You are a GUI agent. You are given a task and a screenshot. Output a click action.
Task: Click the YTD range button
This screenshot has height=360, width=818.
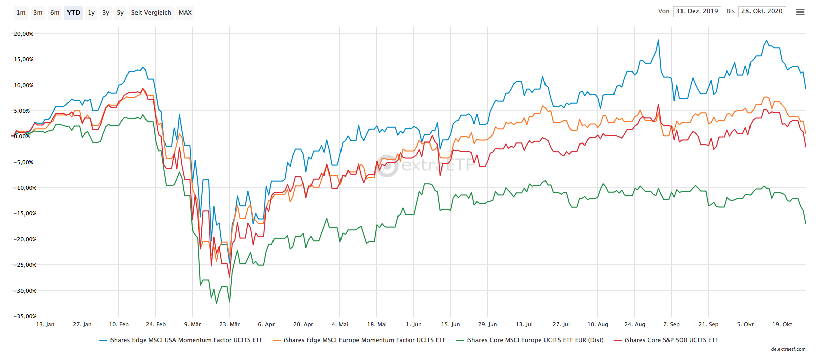click(74, 13)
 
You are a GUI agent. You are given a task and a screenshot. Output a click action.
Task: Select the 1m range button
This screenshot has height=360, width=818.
click(21, 13)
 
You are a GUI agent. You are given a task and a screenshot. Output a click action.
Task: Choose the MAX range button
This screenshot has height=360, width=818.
click(185, 13)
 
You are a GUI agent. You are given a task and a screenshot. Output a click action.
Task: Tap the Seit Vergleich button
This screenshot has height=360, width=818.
click(151, 13)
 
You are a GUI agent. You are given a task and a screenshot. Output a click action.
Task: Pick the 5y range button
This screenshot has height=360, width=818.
click(120, 13)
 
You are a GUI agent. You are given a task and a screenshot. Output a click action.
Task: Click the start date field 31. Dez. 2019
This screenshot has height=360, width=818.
click(697, 11)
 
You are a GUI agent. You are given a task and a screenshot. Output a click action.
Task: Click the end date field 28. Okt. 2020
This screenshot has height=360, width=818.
click(762, 11)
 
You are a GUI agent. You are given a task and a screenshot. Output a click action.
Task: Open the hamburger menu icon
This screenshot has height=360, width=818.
click(800, 12)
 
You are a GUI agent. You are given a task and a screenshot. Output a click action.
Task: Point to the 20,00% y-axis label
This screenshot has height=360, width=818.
click(24, 34)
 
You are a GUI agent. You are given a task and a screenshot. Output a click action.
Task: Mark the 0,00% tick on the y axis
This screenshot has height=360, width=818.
click(22, 136)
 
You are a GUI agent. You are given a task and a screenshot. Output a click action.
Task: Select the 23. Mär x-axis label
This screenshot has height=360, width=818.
click(229, 324)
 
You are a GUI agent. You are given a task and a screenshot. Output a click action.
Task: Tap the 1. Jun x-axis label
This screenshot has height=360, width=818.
click(414, 324)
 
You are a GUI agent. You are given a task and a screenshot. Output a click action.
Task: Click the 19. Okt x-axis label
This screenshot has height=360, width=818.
click(782, 324)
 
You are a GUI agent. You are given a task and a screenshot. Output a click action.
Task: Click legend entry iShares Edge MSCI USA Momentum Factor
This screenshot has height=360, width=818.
click(185, 340)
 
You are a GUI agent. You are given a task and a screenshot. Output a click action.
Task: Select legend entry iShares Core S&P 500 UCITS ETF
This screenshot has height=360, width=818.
click(671, 340)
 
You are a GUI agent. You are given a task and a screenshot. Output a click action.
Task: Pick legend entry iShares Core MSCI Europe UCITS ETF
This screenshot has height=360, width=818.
click(534, 340)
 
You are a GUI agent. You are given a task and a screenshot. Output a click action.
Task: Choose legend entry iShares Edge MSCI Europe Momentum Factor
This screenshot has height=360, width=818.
click(364, 340)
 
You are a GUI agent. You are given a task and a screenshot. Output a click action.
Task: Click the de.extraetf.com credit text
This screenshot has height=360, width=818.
click(788, 349)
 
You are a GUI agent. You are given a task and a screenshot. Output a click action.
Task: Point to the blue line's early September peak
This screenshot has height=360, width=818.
click(658, 40)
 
